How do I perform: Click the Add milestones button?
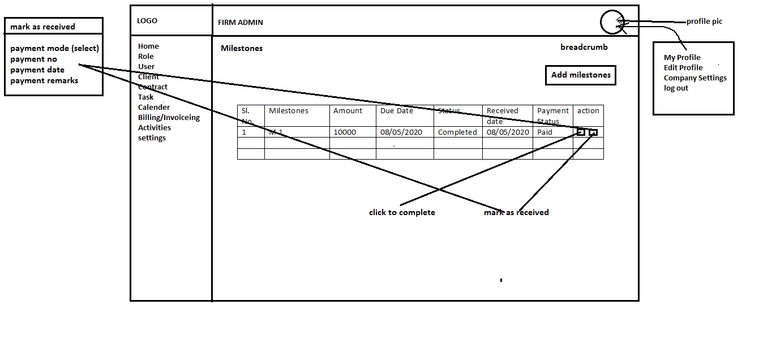coord(580,75)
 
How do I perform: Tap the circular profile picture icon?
coord(612,23)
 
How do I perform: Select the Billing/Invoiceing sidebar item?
coord(169,118)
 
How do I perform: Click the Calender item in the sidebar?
coord(154,108)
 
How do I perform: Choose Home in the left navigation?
coord(148,46)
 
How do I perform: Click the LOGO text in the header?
coord(147,21)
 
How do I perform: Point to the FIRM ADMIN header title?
coord(241,23)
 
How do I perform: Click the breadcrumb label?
coord(584,48)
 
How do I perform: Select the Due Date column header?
coord(397,111)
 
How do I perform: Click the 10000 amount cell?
coord(345,132)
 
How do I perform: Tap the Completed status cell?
coord(457,132)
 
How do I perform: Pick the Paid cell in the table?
coord(544,132)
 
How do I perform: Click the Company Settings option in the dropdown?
coord(695,78)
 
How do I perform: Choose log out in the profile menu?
coord(676,88)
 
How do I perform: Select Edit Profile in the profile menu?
coord(683,68)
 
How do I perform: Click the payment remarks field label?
coord(44,80)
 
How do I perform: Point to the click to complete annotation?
coord(402,213)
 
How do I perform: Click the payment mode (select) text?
coord(54,49)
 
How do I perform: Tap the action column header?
coord(588,111)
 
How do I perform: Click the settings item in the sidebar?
coord(152,138)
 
